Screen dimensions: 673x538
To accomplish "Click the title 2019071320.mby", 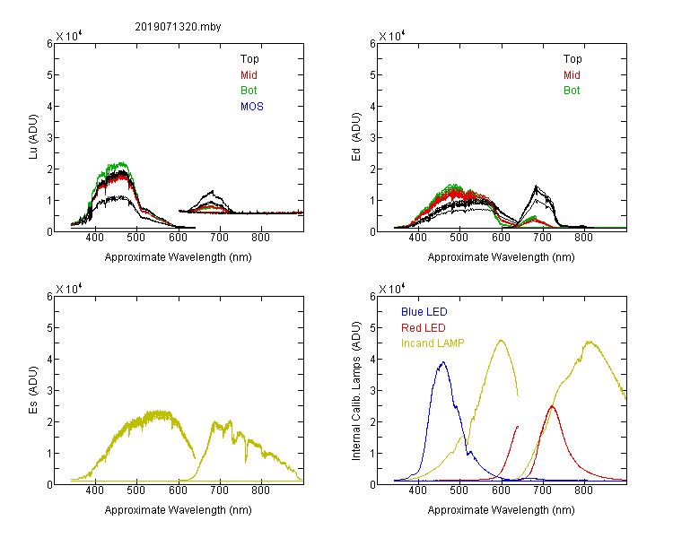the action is (x=178, y=27).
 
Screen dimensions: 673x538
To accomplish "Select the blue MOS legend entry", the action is (x=252, y=107).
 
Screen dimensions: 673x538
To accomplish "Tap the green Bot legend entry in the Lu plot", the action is (x=249, y=91).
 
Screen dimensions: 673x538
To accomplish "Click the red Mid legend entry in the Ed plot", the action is (x=572, y=75).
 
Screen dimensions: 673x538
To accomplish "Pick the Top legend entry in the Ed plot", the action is (x=572, y=59).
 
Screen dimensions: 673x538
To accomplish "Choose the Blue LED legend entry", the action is (x=424, y=312).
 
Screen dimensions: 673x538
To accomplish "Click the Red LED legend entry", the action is (x=424, y=328).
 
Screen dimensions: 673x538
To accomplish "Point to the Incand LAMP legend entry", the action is (x=433, y=343).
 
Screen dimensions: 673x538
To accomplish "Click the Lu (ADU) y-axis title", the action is (x=33, y=137).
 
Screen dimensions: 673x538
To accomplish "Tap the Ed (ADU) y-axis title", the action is (x=356, y=137).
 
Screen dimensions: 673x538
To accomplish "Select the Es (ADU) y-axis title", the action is (x=33, y=390).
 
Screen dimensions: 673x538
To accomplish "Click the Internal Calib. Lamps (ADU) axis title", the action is (x=356, y=391).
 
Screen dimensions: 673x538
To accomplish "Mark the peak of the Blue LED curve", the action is (x=443, y=362).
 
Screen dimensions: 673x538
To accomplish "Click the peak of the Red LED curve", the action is (x=552, y=406).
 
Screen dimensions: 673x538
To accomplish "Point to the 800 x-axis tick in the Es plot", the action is (x=260, y=490).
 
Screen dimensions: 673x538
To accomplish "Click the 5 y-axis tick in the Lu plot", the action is (x=49, y=75).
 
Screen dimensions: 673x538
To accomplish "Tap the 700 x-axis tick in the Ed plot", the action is (x=543, y=238).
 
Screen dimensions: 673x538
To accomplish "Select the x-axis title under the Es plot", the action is (x=179, y=510).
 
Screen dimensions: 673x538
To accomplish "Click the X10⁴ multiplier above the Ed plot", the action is (x=392, y=36).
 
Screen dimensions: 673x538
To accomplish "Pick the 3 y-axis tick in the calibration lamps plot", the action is (x=372, y=391).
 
